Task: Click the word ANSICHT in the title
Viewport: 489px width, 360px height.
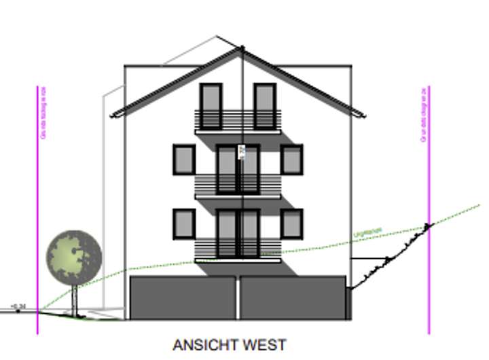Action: click(202, 345)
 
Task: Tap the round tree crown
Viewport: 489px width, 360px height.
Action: click(73, 257)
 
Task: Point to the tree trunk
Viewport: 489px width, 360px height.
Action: click(74, 299)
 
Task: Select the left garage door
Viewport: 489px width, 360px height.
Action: click(183, 298)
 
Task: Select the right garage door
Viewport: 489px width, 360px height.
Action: click(293, 298)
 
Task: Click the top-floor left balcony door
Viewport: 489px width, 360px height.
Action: click(211, 105)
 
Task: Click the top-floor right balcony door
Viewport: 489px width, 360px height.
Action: click(265, 105)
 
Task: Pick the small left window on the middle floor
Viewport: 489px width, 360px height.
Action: click(183, 160)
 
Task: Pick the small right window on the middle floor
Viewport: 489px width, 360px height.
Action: click(291, 160)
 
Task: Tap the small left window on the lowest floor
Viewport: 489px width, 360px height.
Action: click(183, 223)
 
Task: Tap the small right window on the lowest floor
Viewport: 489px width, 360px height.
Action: click(291, 223)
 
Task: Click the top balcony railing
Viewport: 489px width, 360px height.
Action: click(238, 120)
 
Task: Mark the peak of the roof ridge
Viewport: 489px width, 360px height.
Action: click(241, 48)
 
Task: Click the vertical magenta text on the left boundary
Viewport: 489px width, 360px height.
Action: click(44, 113)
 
